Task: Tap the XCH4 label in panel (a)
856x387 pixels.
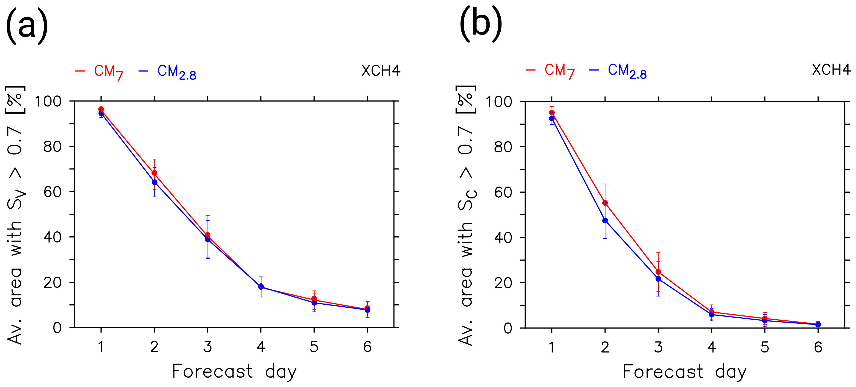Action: point(381,71)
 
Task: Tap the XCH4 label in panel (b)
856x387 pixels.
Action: point(831,70)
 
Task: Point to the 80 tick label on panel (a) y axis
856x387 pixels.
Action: point(53,147)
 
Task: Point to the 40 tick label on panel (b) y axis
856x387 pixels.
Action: point(503,238)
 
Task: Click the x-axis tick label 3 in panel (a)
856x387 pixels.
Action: point(207,347)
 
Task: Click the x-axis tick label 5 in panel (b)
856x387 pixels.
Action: point(765,347)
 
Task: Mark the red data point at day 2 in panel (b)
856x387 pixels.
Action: point(605,203)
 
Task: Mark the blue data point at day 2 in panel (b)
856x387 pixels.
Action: point(605,220)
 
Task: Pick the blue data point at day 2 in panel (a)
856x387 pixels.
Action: point(154,182)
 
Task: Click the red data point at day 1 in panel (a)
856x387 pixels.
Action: point(101,109)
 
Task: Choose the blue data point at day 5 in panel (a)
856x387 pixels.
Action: point(314,303)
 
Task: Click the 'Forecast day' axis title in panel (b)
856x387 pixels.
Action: point(684,372)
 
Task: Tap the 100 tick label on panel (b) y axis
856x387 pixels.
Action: point(499,101)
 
